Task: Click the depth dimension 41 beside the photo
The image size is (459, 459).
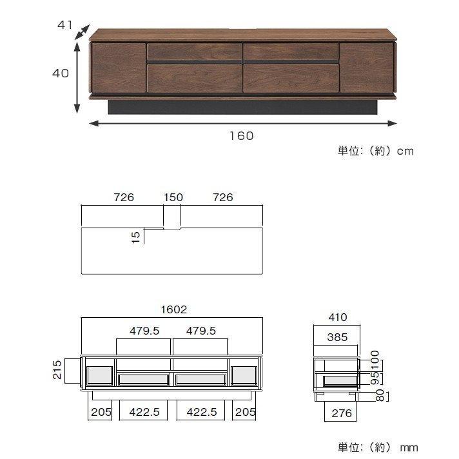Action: [64, 25]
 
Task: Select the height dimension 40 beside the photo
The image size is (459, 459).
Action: [60, 73]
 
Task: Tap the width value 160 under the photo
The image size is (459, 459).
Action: [241, 135]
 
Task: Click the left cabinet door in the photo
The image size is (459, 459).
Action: [118, 68]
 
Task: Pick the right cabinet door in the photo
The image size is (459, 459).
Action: [366, 68]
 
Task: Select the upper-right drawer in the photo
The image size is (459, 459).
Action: [291, 52]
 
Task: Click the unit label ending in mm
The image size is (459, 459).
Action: [378, 447]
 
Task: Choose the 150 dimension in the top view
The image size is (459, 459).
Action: [173, 197]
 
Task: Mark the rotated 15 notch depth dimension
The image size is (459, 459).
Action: [135, 237]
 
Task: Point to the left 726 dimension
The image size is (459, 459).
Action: [123, 197]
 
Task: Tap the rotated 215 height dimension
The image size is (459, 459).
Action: [57, 370]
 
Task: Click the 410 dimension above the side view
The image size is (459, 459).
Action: [337, 317]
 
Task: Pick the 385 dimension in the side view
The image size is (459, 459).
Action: [337, 337]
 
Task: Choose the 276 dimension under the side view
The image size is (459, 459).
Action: [337, 413]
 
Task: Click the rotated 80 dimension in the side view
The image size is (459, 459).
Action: [380, 393]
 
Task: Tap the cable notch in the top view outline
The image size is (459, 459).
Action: [171, 228]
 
